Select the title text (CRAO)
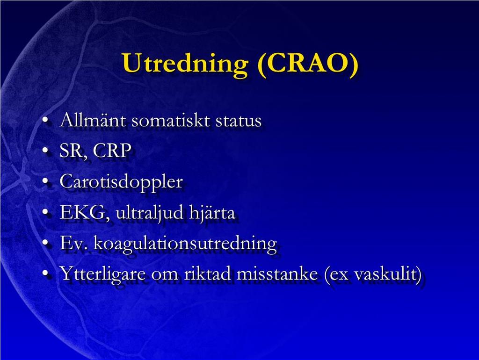pos(308,64)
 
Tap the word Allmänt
pos(93,120)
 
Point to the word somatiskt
pos(171,120)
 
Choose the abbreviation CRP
pos(112,150)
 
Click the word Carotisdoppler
pos(121,182)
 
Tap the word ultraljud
pos(149,213)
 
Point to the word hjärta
pos(212,212)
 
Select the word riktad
pos(207,273)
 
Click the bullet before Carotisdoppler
pos(45,182)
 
